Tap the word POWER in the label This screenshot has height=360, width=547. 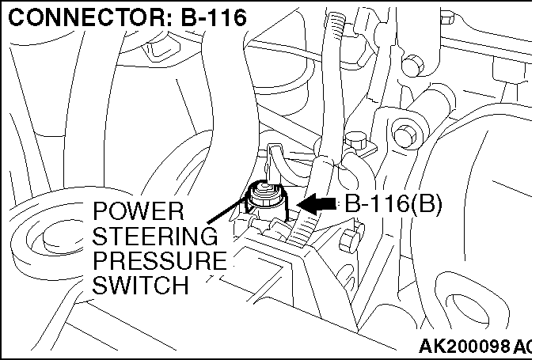(138, 211)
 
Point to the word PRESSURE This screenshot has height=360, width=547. (159, 260)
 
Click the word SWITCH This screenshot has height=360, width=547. (141, 285)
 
